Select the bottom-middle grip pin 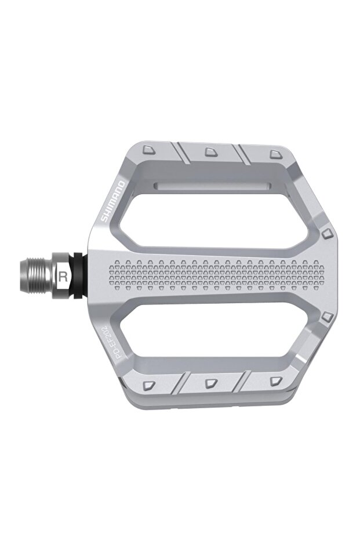[x=209, y=383]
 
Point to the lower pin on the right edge [x=327, y=316]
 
